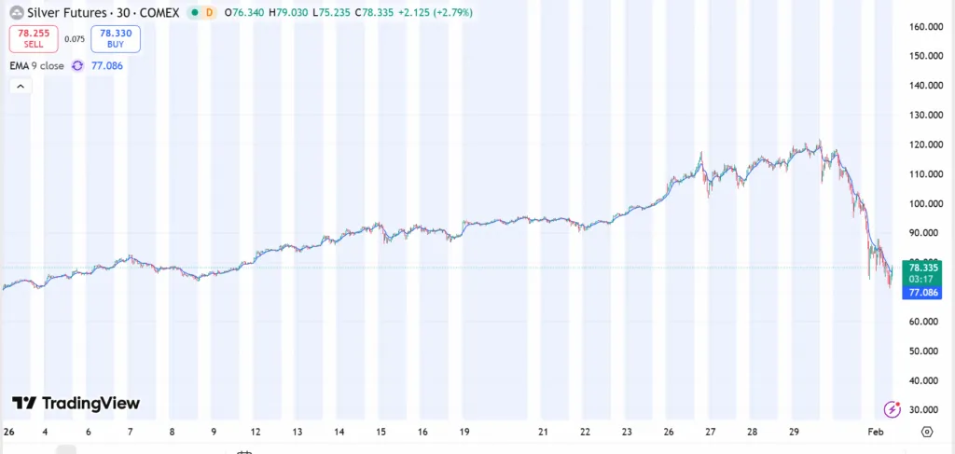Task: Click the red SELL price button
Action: click(x=33, y=38)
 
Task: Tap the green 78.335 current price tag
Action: click(x=921, y=267)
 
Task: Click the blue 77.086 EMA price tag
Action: click(x=921, y=292)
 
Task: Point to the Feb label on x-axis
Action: click(x=875, y=433)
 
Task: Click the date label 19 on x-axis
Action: click(x=464, y=433)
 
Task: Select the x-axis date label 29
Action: click(x=792, y=433)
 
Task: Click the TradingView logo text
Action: click(x=76, y=404)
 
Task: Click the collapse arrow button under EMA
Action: click(x=21, y=86)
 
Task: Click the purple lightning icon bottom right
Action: click(x=893, y=409)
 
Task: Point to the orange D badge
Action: click(x=209, y=13)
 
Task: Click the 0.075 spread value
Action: click(x=75, y=39)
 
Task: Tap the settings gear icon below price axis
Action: click(x=926, y=432)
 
